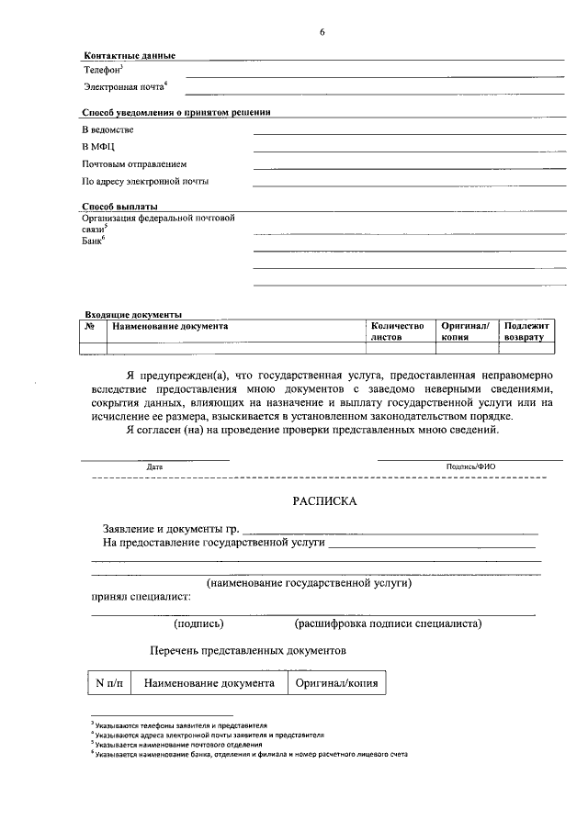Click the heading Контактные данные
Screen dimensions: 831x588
(x=129, y=56)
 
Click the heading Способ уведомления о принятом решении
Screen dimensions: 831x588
(x=175, y=112)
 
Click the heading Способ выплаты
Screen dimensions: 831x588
(x=119, y=207)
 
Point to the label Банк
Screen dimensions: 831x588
(x=93, y=241)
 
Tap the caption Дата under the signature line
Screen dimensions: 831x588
(x=154, y=466)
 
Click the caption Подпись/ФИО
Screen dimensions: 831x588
(x=470, y=466)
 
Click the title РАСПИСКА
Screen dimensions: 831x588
(x=322, y=502)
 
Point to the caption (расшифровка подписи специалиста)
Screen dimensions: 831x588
(x=389, y=623)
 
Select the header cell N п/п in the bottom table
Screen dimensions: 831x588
(x=110, y=683)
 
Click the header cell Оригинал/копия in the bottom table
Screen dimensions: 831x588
(x=336, y=683)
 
